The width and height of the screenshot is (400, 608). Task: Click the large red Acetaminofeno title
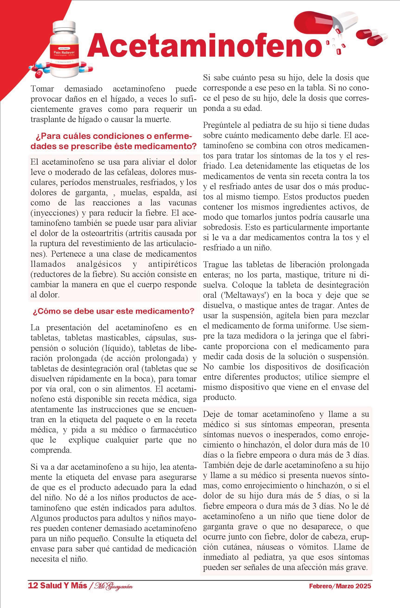coord(205,47)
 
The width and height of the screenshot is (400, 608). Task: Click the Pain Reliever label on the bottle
coord(66,52)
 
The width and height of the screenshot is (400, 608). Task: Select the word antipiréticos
coord(172,264)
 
